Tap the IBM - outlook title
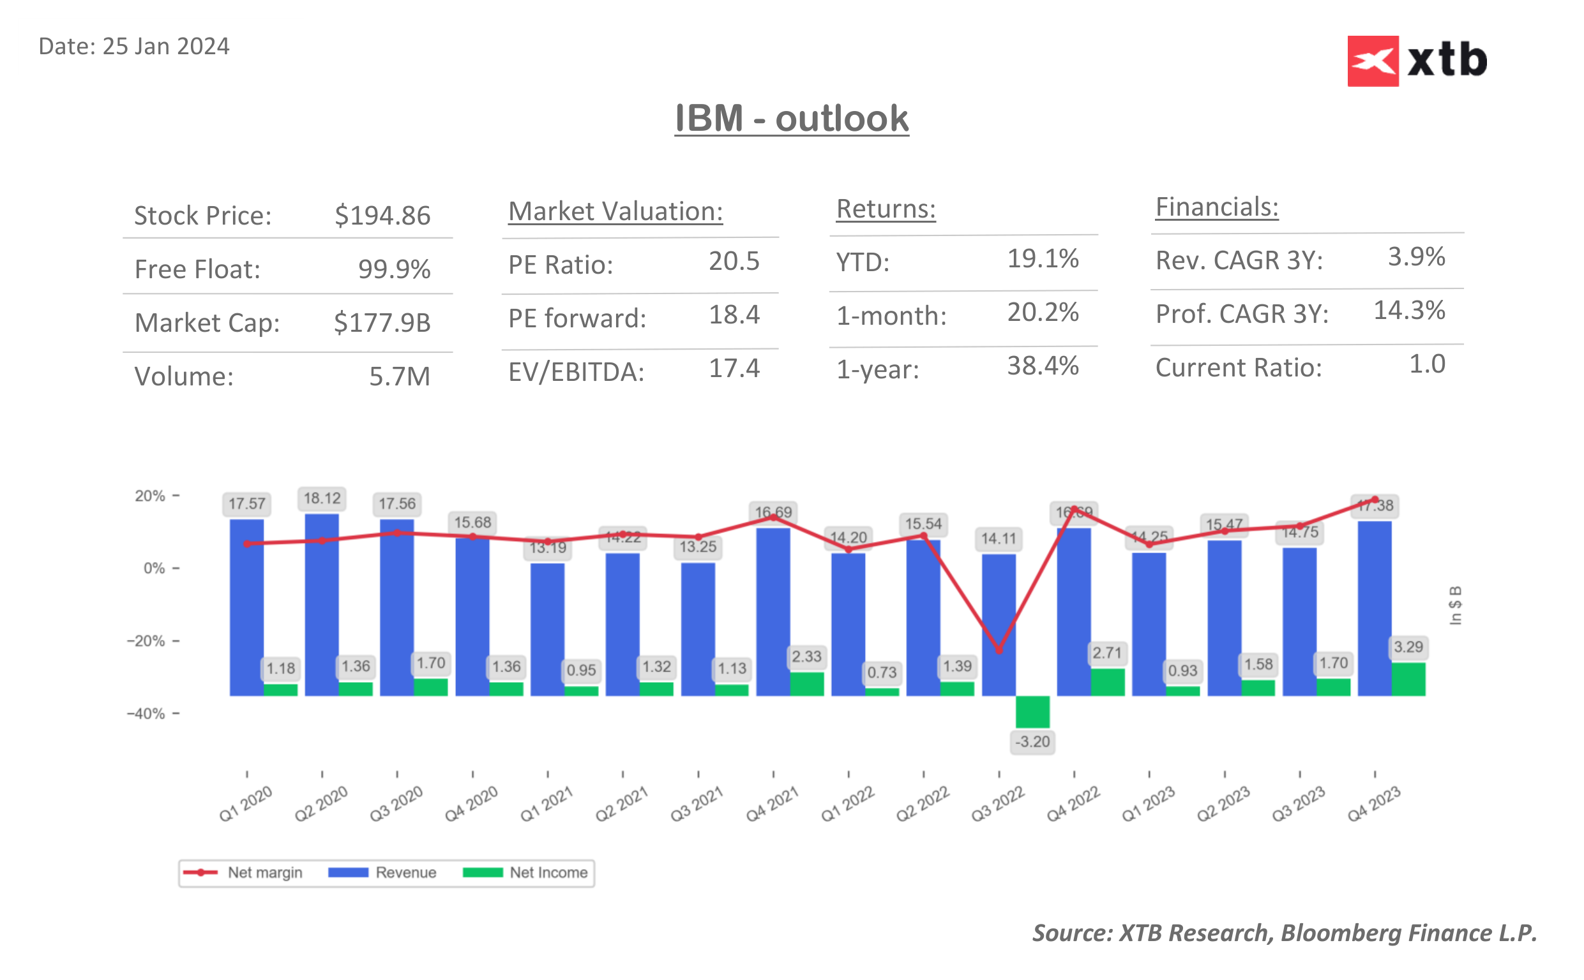tap(791, 119)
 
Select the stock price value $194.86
tap(382, 215)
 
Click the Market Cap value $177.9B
tap(382, 322)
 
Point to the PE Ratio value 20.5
tap(734, 261)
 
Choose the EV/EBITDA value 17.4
tap(734, 368)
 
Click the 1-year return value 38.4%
tap(1042, 366)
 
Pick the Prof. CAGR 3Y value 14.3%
tap(1408, 311)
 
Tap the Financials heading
tap(1216, 207)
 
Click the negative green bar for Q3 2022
tap(1032, 711)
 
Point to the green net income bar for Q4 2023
tap(1408, 679)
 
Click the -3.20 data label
tap(1032, 741)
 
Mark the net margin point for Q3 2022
tap(999, 650)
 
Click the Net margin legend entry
tap(243, 872)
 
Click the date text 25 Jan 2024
tap(165, 47)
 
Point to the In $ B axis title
tap(1455, 605)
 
